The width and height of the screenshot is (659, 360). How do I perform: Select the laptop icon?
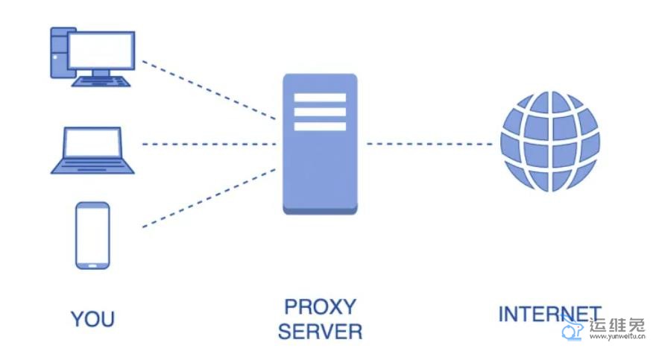coord(92,151)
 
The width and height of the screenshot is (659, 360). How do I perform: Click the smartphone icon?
coord(92,235)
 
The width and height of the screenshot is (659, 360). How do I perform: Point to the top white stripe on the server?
coord(320,98)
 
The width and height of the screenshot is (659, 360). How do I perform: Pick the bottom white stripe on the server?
coord(320,126)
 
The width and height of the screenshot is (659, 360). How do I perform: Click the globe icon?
coord(550,141)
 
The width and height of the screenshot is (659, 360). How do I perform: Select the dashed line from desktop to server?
coord(209,90)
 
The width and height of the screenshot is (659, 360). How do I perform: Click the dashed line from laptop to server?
coord(209,144)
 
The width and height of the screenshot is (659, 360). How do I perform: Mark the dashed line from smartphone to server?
coord(209,198)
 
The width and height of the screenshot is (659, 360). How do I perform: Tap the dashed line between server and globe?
coord(429,144)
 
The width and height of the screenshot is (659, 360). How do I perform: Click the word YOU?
coord(92,319)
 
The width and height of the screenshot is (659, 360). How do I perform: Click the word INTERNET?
coord(549,314)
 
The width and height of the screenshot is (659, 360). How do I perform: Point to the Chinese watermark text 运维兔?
coord(617,325)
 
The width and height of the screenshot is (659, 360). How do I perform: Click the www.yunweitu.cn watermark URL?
coord(617,337)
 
